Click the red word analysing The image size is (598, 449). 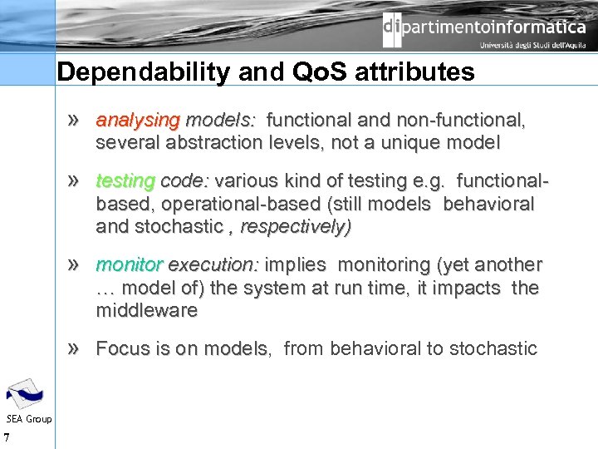point(137,121)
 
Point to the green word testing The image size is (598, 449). point(125,181)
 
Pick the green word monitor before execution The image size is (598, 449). point(130,265)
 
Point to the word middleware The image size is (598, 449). point(147,311)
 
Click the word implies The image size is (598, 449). point(297,265)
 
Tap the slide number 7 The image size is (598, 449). point(7,437)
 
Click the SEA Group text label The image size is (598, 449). point(28,418)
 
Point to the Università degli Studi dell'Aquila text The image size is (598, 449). point(532,46)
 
